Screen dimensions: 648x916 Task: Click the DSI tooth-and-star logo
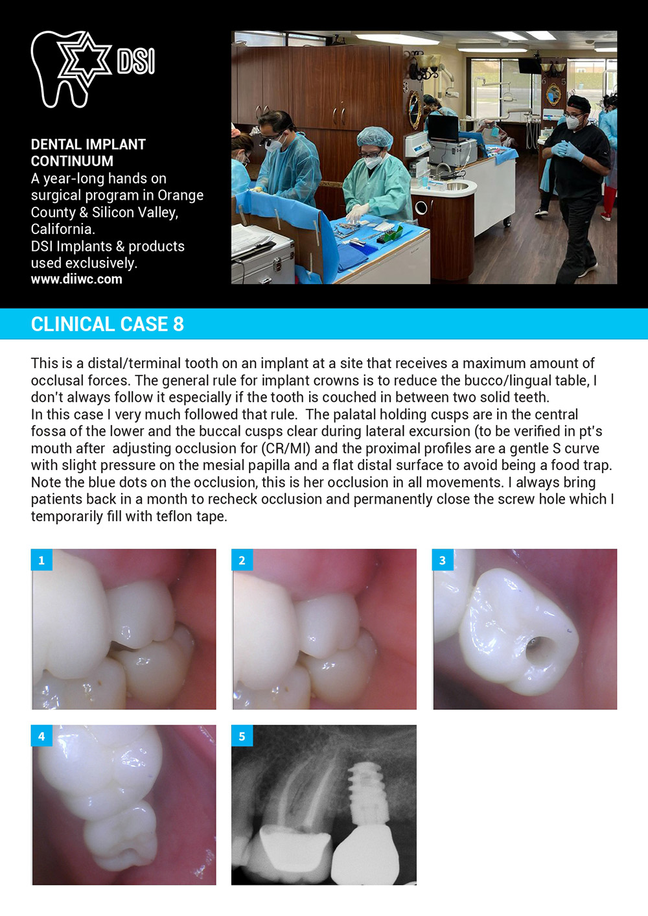coord(93,69)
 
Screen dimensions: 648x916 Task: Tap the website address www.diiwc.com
coord(76,279)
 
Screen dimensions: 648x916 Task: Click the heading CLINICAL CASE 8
coord(107,324)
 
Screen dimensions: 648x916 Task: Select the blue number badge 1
coord(41,560)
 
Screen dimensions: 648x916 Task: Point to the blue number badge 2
coord(242,560)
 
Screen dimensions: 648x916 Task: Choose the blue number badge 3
coord(443,560)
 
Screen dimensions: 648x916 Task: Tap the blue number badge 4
coord(41,736)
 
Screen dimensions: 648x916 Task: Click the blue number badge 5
coord(242,736)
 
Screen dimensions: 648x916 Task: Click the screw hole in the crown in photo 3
coord(540,650)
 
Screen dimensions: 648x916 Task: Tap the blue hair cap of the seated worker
coord(375,137)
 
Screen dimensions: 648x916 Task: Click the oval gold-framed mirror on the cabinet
coord(415,110)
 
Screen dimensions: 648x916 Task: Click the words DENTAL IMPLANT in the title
coord(88,145)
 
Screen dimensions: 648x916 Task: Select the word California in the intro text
coord(63,229)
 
